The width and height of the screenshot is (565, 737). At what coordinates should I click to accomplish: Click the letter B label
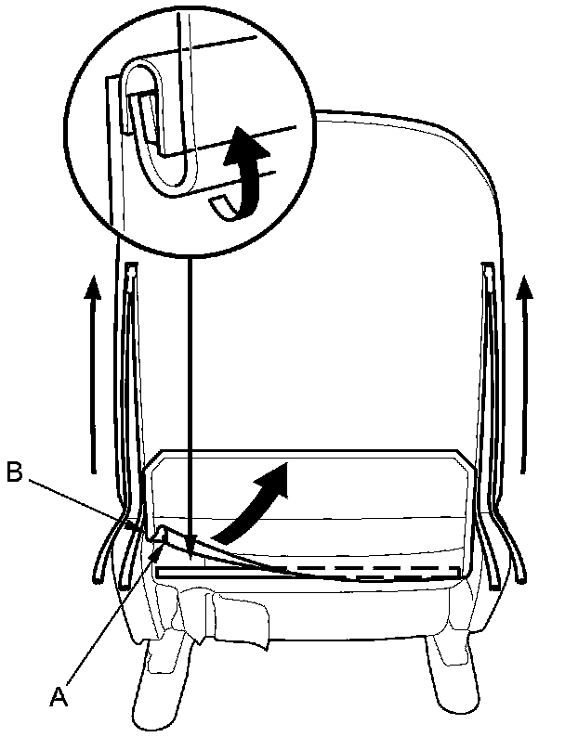pyautogui.click(x=14, y=472)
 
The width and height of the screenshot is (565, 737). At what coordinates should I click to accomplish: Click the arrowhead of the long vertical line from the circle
pyautogui.click(x=189, y=549)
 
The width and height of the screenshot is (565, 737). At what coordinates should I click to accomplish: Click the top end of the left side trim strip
pyautogui.click(x=130, y=269)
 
